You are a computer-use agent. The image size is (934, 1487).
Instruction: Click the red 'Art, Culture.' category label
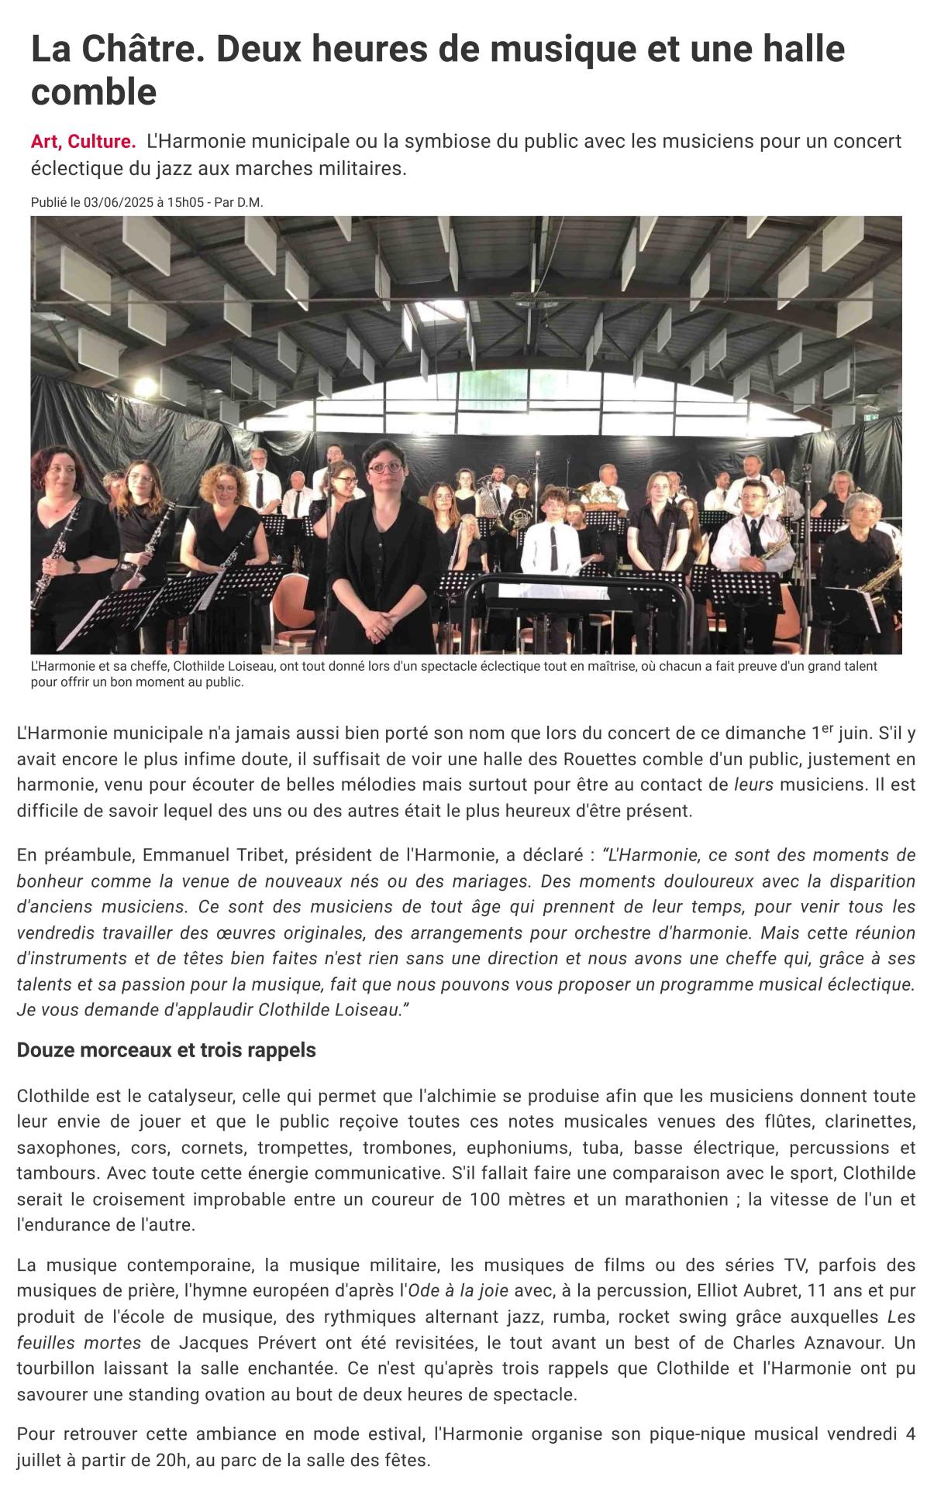tap(83, 142)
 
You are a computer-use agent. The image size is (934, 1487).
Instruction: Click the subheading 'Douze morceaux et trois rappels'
tap(166, 1051)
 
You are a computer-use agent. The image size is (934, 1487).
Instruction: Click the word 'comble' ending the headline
tap(94, 92)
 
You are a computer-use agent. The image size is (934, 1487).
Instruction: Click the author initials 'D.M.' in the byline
tap(250, 202)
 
